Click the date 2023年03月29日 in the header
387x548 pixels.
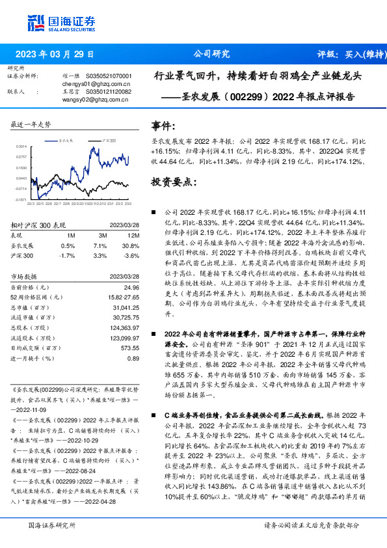tap(55, 54)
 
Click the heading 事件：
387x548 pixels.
tap(163, 125)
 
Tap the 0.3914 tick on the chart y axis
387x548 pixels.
tap(21, 146)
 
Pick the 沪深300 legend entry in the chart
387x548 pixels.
tap(108, 140)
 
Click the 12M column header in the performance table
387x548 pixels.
tap(133, 235)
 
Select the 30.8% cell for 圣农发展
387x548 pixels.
tap(132, 245)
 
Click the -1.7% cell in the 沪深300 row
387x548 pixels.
tap(68, 256)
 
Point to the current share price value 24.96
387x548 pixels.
tap(131, 287)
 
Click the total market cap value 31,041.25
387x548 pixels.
tap(126, 307)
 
